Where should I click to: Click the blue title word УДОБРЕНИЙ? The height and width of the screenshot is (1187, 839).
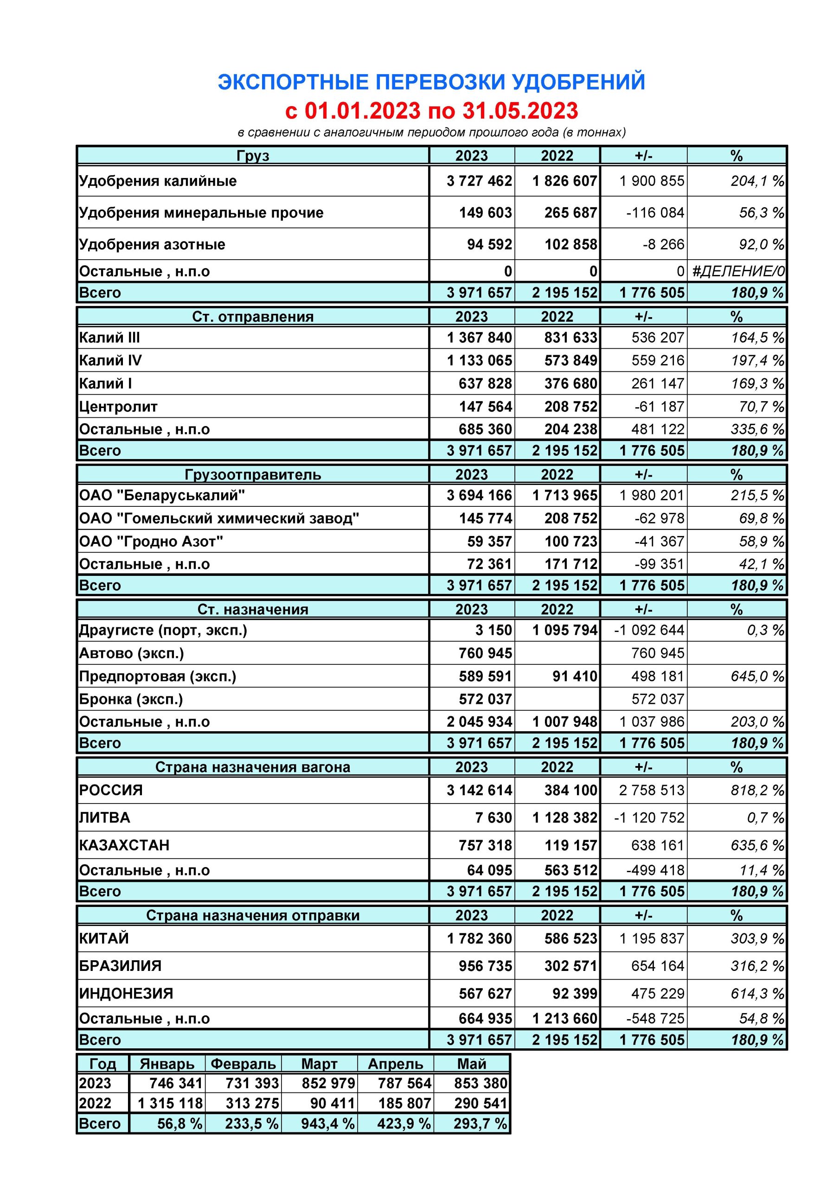pos(578,82)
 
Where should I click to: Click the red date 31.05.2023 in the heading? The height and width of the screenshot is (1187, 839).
pos(520,111)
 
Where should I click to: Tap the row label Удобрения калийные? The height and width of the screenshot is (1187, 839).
pos(158,181)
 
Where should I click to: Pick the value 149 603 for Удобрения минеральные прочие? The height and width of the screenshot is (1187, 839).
pos(485,212)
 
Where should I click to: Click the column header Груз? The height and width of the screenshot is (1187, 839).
pos(253,156)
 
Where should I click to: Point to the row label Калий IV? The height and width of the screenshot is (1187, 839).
pos(110,360)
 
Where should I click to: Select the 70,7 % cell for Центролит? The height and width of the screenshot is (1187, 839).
pos(762,406)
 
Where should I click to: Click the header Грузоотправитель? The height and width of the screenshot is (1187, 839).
pos(253,475)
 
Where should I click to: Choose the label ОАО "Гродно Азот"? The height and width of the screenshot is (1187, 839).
pos(151,541)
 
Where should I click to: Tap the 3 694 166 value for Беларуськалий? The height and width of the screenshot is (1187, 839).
pos(479,495)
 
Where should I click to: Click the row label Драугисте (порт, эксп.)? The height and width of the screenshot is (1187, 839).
pos(163,630)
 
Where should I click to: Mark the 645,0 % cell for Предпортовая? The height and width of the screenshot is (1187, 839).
pos(757,676)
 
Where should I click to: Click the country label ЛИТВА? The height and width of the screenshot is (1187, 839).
pos(104,817)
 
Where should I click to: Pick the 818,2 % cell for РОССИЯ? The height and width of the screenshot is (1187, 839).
pos(757,790)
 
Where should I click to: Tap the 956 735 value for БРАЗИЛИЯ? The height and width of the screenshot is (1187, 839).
pos(485,966)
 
